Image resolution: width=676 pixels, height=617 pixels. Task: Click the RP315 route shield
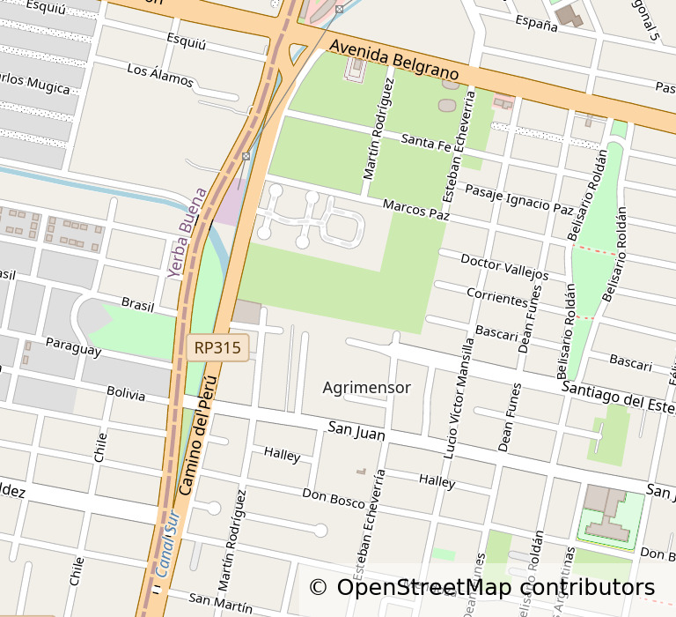[x=218, y=348]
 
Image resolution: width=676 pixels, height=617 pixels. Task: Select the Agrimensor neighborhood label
[x=366, y=388]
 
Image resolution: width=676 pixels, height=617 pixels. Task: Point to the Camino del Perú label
[x=197, y=435]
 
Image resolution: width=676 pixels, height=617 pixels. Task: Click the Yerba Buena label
[x=187, y=234]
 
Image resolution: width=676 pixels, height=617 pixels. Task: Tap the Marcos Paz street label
[x=416, y=209]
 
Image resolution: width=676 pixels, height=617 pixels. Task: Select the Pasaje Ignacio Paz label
[x=519, y=199]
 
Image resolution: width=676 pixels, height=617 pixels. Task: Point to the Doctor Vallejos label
[x=504, y=268]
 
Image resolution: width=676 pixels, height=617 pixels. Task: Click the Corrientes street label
[x=497, y=297]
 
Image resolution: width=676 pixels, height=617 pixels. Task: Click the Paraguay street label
[x=73, y=346]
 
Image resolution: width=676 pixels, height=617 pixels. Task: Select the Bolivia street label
[x=126, y=393]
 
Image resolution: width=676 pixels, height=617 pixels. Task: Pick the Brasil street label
[x=137, y=303]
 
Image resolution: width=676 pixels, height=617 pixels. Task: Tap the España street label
[x=537, y=23]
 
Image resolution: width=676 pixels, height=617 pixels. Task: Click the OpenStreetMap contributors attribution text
[x=482, y=587]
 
